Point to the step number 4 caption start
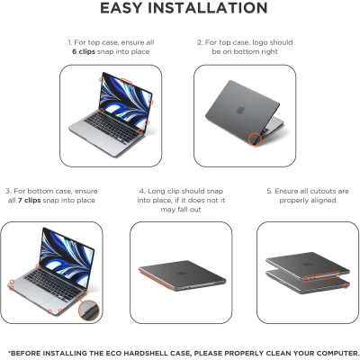click(140, 191)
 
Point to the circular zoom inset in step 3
click(87, 310)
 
